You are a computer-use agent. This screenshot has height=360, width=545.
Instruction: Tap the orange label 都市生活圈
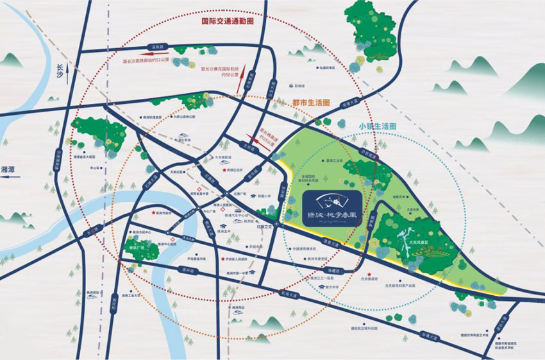[310, 102]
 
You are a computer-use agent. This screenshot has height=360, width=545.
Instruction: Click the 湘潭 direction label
[10, 169]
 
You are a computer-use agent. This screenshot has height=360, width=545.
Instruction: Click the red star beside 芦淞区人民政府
[223, 259]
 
